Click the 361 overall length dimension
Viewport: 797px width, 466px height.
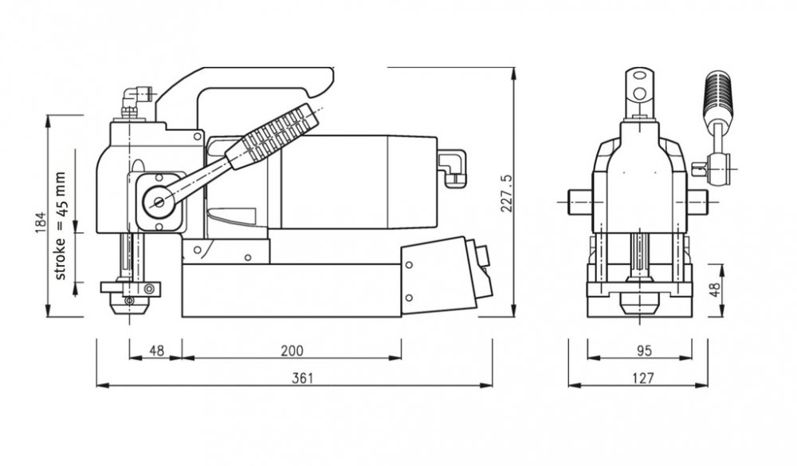point(302,378)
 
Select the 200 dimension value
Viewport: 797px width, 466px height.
point(292,350)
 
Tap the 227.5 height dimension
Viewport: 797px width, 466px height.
point(507,193)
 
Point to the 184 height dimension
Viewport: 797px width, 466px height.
point(41,223)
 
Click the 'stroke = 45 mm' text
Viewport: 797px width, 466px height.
point(60,226)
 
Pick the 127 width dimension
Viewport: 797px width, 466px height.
point(643,378)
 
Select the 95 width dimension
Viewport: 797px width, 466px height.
point(643,350)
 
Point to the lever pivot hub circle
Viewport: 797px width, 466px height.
point(158,203)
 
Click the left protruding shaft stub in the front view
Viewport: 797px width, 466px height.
point(580,202)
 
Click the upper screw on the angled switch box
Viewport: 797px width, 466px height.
point(409,265)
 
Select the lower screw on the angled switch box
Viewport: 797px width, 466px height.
point(409,297)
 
